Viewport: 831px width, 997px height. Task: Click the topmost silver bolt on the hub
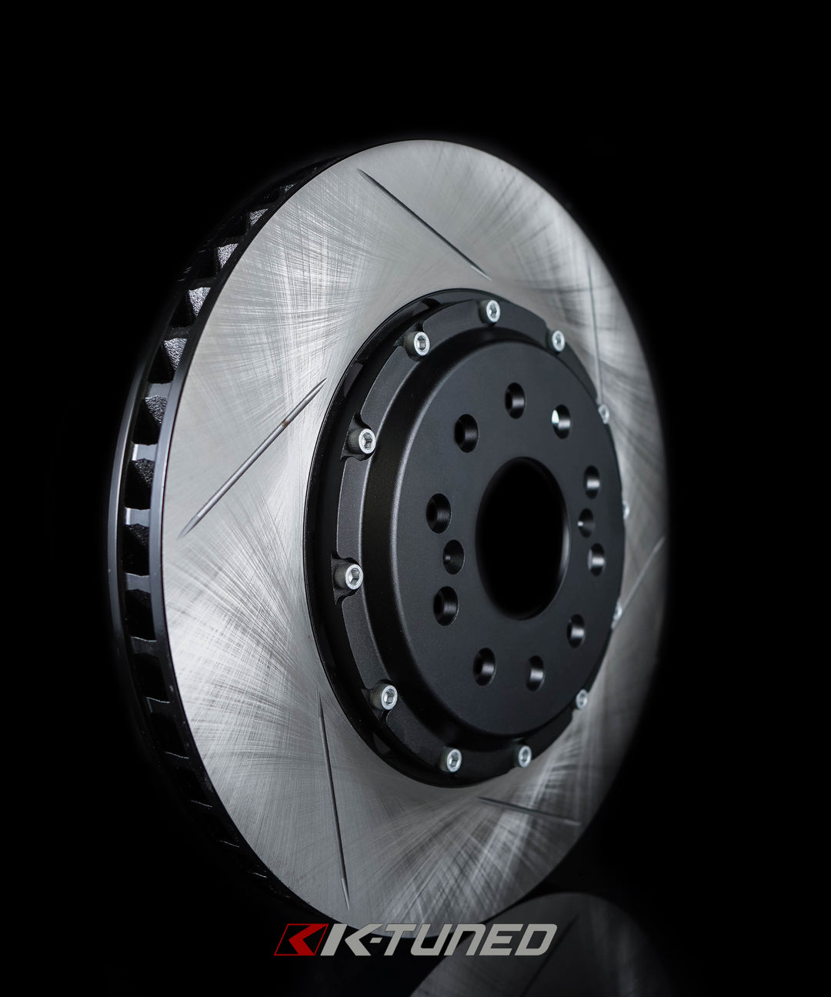pyautogui.click(x=490, y=311)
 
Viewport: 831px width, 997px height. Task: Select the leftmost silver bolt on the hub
pyautogui.click(x=351, y=575)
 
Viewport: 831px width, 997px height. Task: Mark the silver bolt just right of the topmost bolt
pyautogui.click(x=556, y=339)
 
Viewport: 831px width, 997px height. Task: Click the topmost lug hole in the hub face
pyautogui.click(x=515, y=400)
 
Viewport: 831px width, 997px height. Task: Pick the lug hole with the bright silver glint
pyautogui.click(x=561, y=420)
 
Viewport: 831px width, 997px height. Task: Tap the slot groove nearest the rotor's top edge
pyautogui.click(x=423, y=223)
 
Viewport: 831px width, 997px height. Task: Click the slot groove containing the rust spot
pyautogui.click(x=254, y=458)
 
